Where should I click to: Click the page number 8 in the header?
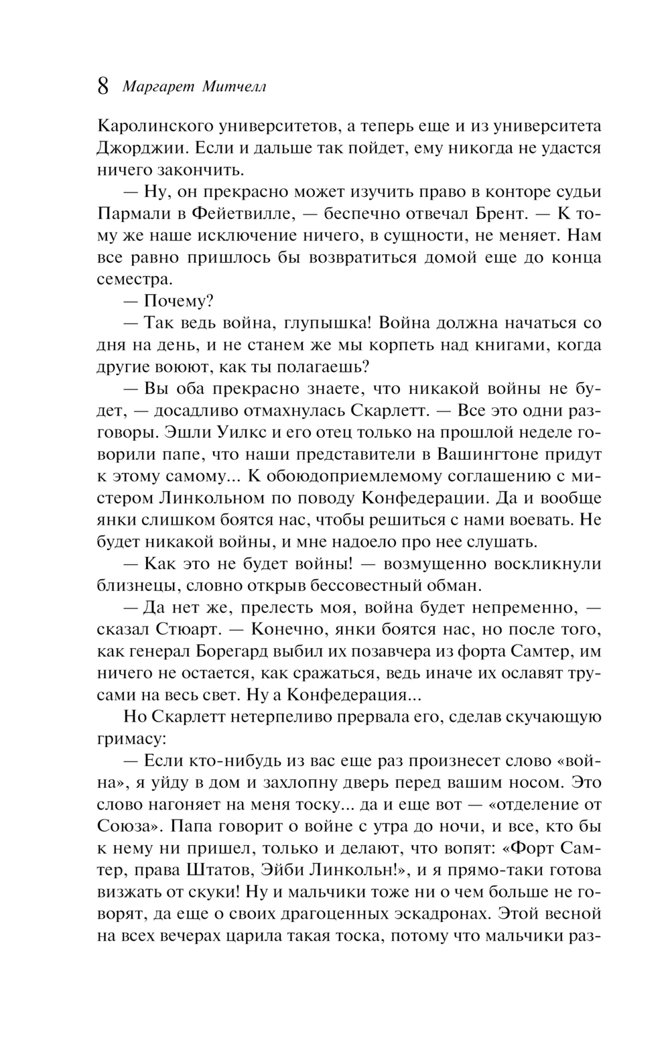tap(104, 86)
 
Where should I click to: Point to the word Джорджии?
tap(140, 147)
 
